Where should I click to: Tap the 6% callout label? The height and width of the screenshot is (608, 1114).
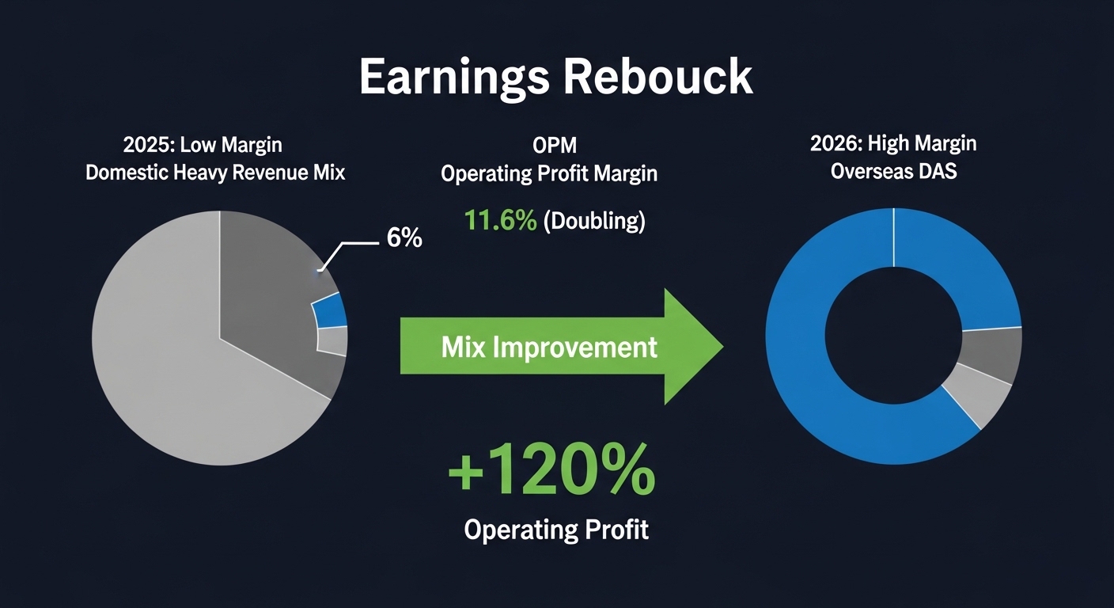pyautogui.click(x=404, y=237)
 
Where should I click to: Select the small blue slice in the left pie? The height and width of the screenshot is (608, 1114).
pyautogui.click(x=331, y=310)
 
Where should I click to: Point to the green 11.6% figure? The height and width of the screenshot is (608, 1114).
pyautogui.click(x=500, y=221)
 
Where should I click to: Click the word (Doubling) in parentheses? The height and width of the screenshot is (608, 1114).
pyautogui.click(x=594, y=221)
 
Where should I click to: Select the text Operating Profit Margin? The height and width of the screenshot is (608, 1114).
pyautogui.click(x=548, y=173)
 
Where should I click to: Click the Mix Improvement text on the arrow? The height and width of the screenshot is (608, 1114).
pyautogui.click(x=548, y=347)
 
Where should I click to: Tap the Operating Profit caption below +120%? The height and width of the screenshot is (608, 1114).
pyautogui.click(x=556, y=529)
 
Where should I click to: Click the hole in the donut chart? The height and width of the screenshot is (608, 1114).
pyautogui.click(x=893, y=336)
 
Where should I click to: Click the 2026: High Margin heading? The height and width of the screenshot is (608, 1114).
pyautogui.click(x=893, y=144)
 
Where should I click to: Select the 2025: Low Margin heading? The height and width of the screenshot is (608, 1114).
pyautogui.click(x=203, y=145)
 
